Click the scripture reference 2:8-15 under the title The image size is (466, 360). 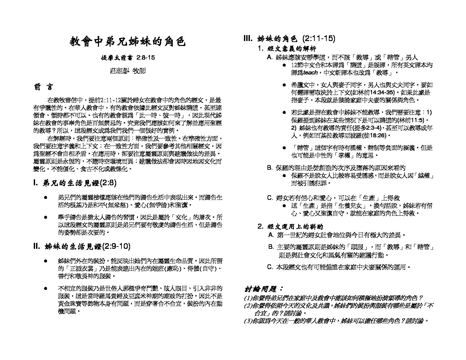tap(146, 58)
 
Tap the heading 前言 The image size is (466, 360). tap(43, 87)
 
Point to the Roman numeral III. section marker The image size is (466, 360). tap(248, 39)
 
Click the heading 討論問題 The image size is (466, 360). tap(264, 289)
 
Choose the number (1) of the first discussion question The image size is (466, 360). tap(247, 298)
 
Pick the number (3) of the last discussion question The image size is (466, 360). tap(247, 321)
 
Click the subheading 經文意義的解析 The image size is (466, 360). tap(292, 48)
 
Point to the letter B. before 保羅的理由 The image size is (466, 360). tap(270, 168)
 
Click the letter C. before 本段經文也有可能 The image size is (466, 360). tap(270, 267)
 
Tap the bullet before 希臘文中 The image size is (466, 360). tap(284, 85)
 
